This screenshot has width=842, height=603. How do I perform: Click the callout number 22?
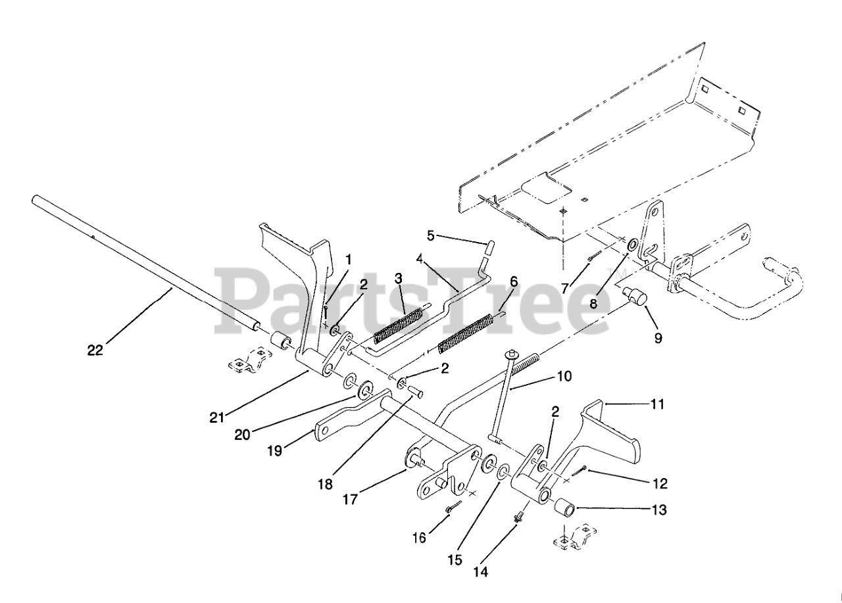tap(95, 350)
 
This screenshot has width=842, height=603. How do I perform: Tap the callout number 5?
tap(431, 234)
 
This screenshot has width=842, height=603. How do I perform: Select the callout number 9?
tap(658, 339)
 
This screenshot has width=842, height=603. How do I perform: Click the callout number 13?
tap(658, 510)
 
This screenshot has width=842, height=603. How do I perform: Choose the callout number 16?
tap(418, 537)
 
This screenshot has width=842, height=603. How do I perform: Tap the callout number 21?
tap(218, 416)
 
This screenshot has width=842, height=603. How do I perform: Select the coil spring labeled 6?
tap(466, 334)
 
